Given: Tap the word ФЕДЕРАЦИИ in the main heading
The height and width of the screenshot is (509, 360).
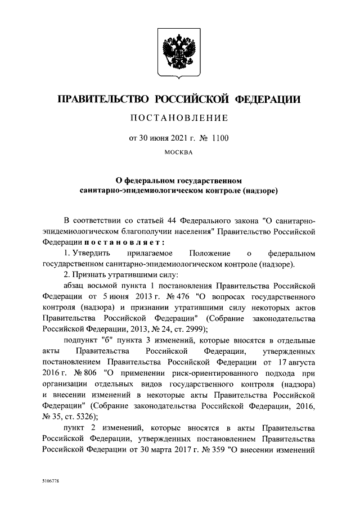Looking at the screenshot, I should coord(267,100).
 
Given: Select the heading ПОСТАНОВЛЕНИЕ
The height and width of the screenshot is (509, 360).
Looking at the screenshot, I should coord(180,118).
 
